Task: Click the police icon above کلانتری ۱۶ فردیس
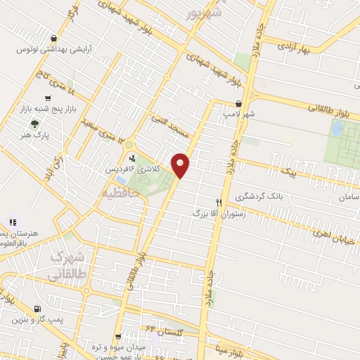tap(131, 158)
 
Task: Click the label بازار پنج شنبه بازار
tap(77, 110)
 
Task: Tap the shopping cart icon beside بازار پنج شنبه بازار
tap(48, 99)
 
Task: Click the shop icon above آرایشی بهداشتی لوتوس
tap(54, 39)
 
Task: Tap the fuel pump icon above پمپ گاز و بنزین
tap(37, 309)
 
